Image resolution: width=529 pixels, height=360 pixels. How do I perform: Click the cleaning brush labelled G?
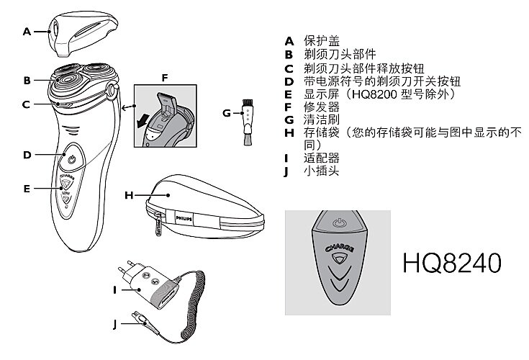pos(248,122)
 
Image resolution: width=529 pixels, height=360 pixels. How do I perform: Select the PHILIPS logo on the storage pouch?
pos(184,219)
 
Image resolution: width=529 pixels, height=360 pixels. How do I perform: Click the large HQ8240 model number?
pos(452,263)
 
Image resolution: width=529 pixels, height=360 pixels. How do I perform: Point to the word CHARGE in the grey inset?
pos(340,248)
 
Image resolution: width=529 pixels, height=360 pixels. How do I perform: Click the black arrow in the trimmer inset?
pos(143,120)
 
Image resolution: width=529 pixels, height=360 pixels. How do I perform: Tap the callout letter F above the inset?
pos(165,78)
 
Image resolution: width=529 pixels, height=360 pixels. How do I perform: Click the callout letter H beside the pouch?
pos(129,195)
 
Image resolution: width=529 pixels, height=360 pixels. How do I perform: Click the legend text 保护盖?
pos(321,41)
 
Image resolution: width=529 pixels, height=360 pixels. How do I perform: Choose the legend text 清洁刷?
pos(321,120)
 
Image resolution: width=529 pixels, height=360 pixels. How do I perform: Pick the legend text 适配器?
pos(321,158)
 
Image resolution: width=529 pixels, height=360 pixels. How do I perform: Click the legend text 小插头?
pos(321,171)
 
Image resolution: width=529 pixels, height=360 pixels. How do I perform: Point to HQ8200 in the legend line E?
pos(374,94)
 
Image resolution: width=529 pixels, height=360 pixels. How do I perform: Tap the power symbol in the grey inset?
pos(339,222)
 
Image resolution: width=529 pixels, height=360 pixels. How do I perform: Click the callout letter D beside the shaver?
pos(27,155)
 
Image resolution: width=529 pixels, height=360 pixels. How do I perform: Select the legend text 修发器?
pos(321,107)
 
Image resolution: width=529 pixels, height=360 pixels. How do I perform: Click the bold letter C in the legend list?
pos(289,69)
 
